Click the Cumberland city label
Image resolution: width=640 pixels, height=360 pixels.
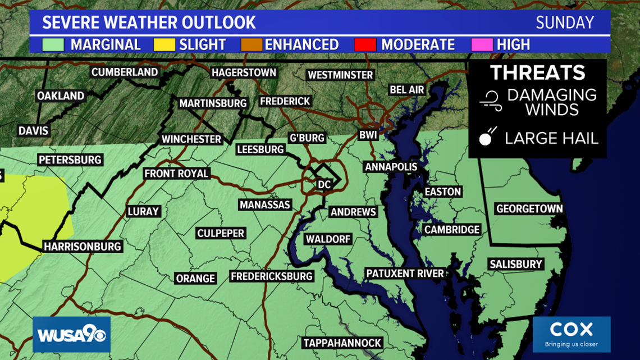pyautogui.click(x=125, y=72)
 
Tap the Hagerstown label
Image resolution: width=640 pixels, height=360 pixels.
pyautogui.click(x=244, y=72)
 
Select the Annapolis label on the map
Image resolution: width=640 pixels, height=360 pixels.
pyautogui.click(x=391, y=167)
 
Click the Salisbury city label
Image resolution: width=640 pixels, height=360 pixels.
pyautogui.click(x=516, y=264)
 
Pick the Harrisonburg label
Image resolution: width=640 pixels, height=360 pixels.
pyautogui.click(x=83, y=246)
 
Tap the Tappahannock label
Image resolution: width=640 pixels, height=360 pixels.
pyautogui.click(x=342, y=343)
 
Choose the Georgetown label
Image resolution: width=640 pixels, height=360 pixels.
pyautogui.click(x=529, y=209)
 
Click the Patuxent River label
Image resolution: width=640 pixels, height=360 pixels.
pyautogui.click(x=405, y=273)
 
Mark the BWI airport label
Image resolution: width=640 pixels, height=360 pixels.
pyautogui.click(x=368, y=135)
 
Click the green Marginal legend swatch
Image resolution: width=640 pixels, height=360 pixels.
pyautogui.click(x=53, y=44)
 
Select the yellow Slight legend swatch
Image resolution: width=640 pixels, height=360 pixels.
pyautogui.click(x=165, y=44)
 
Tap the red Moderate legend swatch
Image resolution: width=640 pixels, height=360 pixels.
pyautogui.click(x=365, y=44)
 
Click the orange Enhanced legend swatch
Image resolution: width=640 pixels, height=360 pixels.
pyautogui.click(x=252, y=44)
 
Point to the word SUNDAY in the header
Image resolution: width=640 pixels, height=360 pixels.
pyautogui.click(x=565, y=22)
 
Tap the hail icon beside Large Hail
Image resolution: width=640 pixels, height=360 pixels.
pyautogui.click(x=489, y=137)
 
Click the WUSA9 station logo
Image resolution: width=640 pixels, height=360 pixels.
pyautogui.click(x=71, y=335)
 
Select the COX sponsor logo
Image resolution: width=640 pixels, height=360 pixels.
pyautogui.click(x=572, y=335)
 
